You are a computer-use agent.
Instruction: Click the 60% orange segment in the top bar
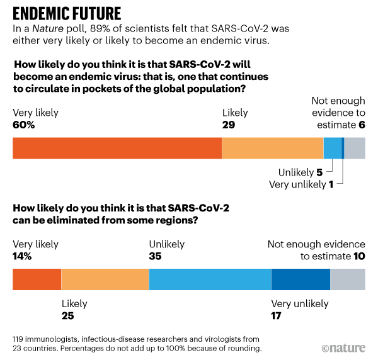pos(117,148)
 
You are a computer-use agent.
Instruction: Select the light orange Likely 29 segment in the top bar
pos(272,148)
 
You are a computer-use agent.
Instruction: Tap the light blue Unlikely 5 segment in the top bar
pos(331,148)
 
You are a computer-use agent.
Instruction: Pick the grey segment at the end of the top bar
pos(354,148)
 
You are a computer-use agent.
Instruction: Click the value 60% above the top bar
pos(24,125)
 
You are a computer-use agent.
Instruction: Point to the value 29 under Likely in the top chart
pos(229,125)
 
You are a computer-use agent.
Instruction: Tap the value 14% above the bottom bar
pos(24,256)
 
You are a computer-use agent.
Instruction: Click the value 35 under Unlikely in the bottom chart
pos(155,256)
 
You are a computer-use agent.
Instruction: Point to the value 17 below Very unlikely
pos(277,315)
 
